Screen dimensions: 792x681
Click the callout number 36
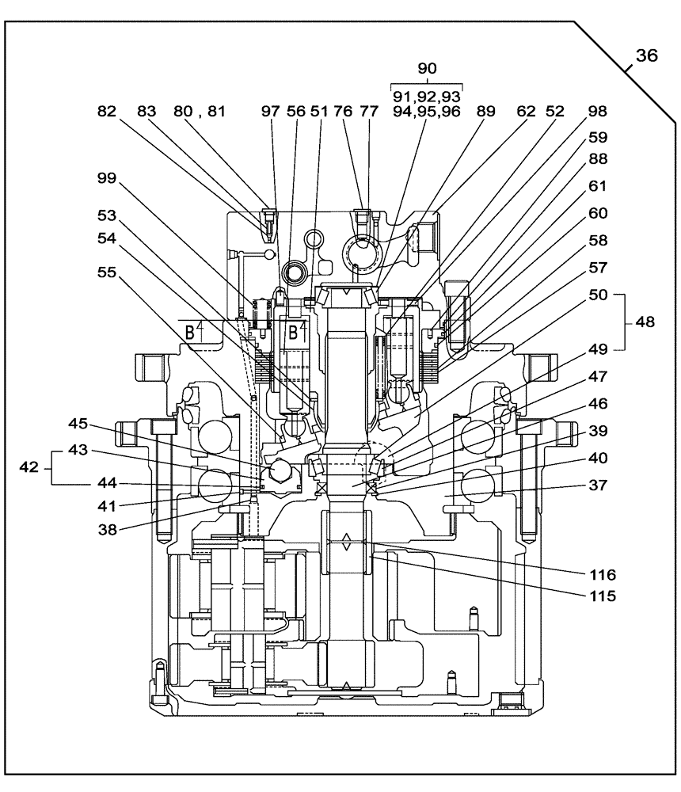click(645, 56)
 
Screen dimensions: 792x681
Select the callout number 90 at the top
click(428, 69)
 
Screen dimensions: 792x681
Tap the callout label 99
click(106, 180)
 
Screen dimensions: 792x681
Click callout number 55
click(106, 271)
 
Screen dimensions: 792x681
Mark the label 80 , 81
click(200, 112)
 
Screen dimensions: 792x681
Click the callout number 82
click(106, 112)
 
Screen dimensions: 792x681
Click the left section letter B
click(191, 333)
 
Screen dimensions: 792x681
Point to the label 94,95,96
click(428, 112)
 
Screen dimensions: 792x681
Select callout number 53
click(106, 215)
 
